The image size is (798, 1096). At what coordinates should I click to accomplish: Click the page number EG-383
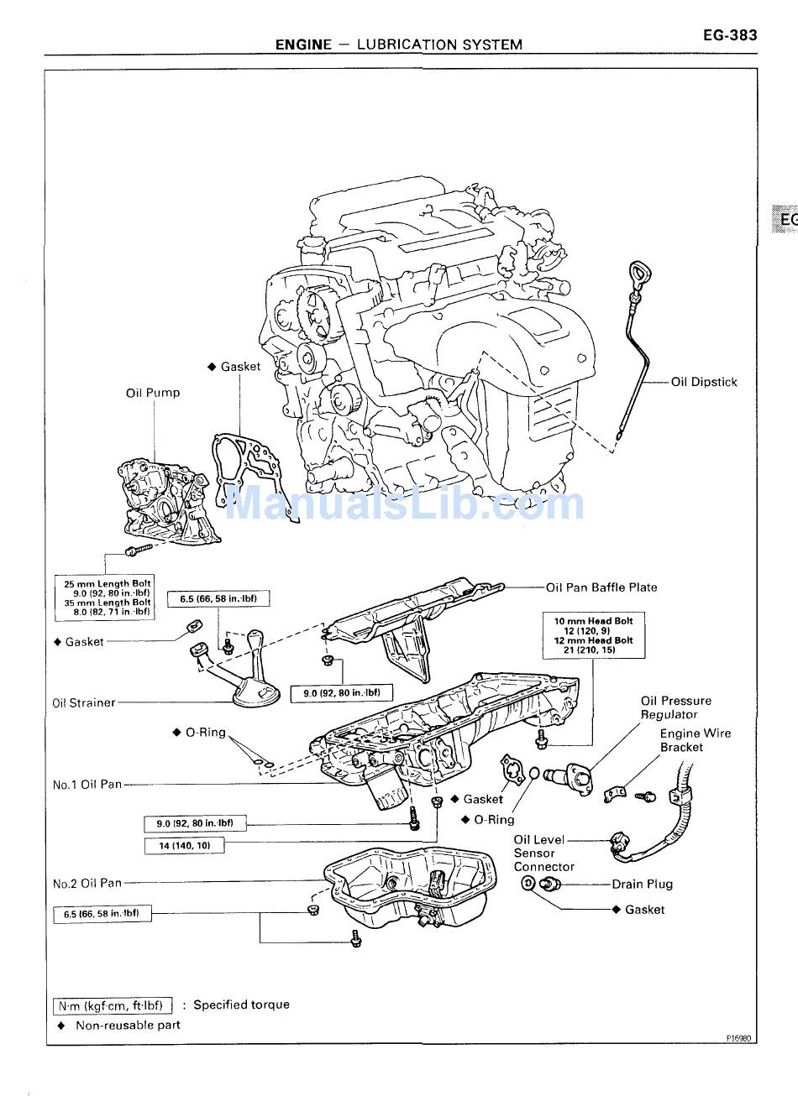(x=730, y=35)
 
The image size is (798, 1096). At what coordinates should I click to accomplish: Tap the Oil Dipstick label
(x=704, y=382)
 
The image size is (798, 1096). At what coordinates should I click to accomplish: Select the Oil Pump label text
(x=153, y=393)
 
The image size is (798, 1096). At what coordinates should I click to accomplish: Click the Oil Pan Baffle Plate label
(x=601, y=587)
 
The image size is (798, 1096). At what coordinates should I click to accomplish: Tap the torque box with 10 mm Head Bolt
(x=594, y=635)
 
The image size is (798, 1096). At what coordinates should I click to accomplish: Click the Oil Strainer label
(x=84, y=703)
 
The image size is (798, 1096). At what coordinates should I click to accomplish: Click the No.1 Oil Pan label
(x=87, y=785)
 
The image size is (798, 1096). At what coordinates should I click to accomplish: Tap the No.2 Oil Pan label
(x=87, y=883)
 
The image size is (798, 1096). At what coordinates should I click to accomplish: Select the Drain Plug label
(x=642, y=884)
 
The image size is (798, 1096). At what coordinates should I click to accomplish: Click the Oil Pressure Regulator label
(x=675, y=707)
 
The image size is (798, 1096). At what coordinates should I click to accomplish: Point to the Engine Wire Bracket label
(x=695, y=740)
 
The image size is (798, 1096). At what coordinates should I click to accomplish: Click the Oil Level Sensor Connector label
(x=543, y=853)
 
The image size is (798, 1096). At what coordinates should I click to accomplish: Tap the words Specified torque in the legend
(x=241, y=1005)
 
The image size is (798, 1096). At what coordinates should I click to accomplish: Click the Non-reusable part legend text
(x=128, y=1025)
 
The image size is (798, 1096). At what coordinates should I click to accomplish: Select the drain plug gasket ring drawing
(x=528, y=883)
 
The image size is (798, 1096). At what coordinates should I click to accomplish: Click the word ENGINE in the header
(x=303, y=44)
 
